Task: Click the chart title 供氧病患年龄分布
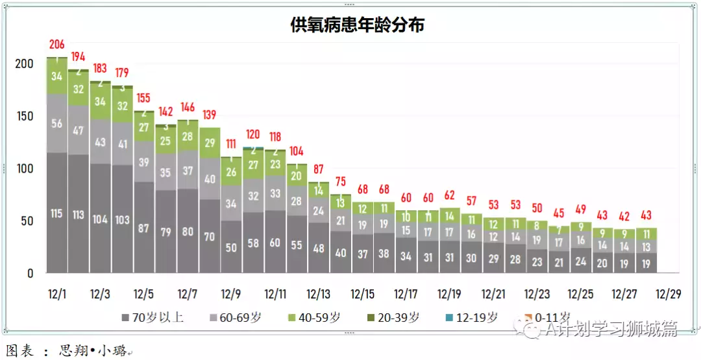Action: pyautogui.click(x=357, y=25)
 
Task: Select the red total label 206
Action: pyautogui.click(x=56, y=45)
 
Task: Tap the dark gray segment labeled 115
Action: pyautogui.click(x=56, y=213)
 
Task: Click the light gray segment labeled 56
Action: pyautogui.click(x=56, y=124)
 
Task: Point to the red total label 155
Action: pyautogui.click(x=143, y=99)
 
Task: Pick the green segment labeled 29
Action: pyautogui.click(x=210, y=143)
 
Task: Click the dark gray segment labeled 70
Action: pyautogui.click(x=210, y=237)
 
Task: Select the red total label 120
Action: pyautogui.click(x=253, y=135)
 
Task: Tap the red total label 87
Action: pyautogui.click(x=319, y=169)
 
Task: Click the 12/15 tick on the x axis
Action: pyautogui.click(x=362, y=294)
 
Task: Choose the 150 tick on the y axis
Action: pyautogui.click(x=24, y=116)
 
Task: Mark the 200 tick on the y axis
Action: pyautogui.click(x=24, y=64)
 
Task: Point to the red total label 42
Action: pyautogui.click(x=624, y=217)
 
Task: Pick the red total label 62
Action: pyautogui.click(x=450, y=195)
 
